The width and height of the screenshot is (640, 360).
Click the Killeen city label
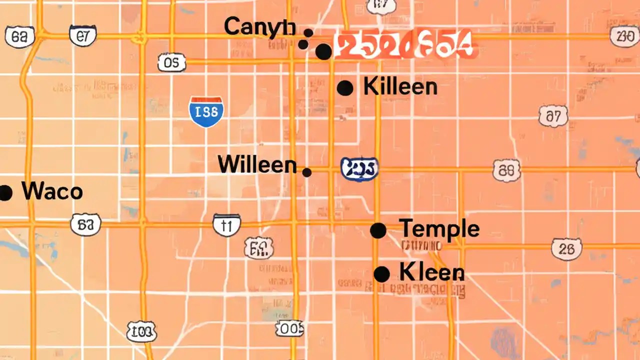(x=400, y=87)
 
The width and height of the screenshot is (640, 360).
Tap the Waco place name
(x=52, y=192)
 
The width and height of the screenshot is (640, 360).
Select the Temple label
(x=439, y=229)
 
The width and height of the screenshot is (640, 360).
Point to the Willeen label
(x=257, y=164)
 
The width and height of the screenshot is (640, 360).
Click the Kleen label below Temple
(x=432, y=272)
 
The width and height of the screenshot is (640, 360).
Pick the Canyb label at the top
(x=259, y=27)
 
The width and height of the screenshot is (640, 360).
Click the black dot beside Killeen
(x=345, y=88)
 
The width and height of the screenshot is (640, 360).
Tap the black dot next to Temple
(x=378, y=230)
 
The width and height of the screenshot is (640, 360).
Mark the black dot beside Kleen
(x=381, y=274)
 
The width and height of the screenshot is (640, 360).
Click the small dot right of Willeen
(x=307, y=172)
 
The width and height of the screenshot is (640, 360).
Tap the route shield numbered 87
(x=553, y=117)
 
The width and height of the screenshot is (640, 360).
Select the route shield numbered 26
(x=566, y=249)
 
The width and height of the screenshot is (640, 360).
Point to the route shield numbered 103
(x=141, y=331)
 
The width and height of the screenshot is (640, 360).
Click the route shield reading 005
(x=289, y=328)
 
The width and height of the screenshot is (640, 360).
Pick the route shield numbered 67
(x=82, y=36)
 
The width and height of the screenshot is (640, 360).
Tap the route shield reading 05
(x=171, y=62)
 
